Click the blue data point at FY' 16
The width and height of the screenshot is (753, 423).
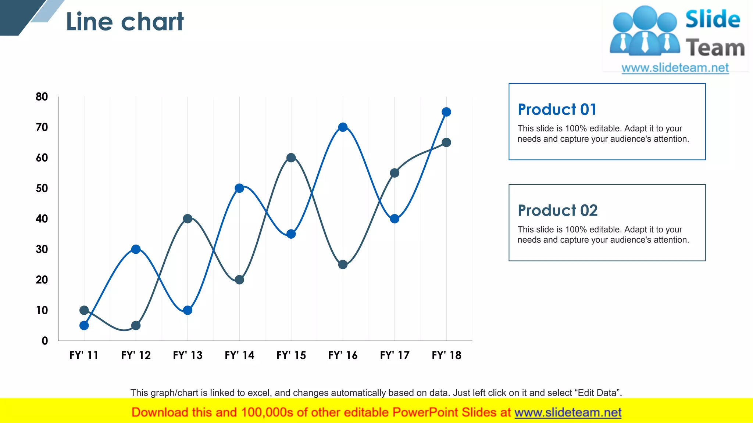tap(343, 127)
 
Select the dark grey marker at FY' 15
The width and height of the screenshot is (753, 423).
tap(291, 158)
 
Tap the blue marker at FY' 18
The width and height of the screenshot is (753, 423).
tap(446, 112)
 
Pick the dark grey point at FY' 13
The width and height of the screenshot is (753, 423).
tap(188, 219)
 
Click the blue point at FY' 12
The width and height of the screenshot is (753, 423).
tap(136, 249)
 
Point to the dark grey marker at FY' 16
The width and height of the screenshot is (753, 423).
tap(343, 264)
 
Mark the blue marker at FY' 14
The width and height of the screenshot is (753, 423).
tap(239, 188)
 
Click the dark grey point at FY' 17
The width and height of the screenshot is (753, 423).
tap(395, 173)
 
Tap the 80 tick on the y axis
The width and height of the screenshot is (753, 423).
tap(42, 97)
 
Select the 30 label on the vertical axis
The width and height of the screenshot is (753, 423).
tap(42, 249)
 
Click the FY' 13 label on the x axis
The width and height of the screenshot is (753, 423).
tap(188, 355)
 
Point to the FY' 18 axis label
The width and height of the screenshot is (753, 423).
tap(446, 355)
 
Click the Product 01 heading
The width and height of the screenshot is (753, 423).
tap(557, 109)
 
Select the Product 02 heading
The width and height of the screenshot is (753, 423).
tap(557, 210)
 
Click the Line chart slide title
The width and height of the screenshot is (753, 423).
tap(125, 22)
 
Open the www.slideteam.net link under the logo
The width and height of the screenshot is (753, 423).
tap(675, 68)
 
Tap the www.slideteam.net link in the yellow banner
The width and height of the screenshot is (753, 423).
tap(568, 412)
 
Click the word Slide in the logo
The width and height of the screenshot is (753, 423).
tap(712, 19)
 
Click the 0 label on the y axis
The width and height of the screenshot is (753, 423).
tap(44, 341)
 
